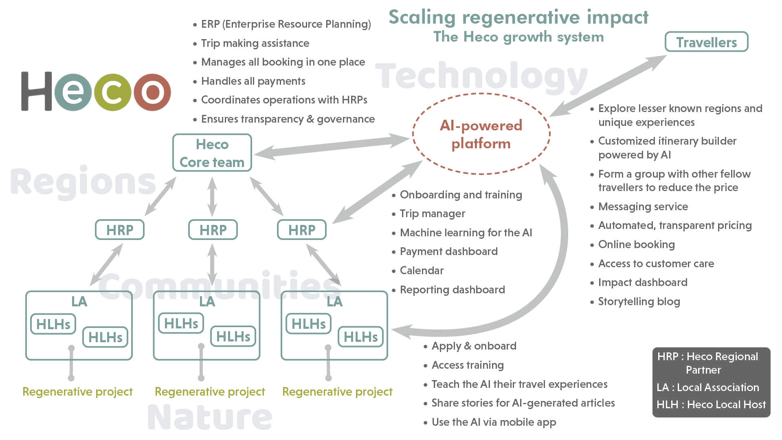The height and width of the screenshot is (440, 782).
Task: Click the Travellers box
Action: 706,42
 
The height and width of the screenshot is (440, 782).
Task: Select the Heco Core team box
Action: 212,153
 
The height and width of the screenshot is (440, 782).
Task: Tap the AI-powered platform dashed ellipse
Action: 481,134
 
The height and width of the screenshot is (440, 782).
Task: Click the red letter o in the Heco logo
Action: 152,92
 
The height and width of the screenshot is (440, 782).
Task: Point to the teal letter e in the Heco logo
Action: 73,92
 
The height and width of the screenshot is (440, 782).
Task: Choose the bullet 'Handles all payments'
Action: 253,81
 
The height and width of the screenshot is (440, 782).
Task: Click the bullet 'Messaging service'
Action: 643,207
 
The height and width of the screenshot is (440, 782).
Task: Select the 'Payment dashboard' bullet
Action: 448,251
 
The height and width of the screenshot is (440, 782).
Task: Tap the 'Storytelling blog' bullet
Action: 639,301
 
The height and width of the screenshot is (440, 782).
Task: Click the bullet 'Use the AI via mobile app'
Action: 494,422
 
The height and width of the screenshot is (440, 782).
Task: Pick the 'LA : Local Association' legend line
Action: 708,387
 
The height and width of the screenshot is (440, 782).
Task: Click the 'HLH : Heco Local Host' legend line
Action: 711,405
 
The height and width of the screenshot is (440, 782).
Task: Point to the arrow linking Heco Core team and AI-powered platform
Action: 332,147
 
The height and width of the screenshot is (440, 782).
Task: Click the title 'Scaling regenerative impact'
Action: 518,18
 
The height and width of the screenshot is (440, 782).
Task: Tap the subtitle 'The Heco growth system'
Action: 518,37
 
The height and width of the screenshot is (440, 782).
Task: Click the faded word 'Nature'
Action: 210,417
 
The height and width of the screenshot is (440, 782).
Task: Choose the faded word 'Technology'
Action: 481,77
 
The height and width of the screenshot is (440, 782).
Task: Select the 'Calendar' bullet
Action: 422,271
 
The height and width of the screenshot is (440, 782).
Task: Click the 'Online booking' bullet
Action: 636,244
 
